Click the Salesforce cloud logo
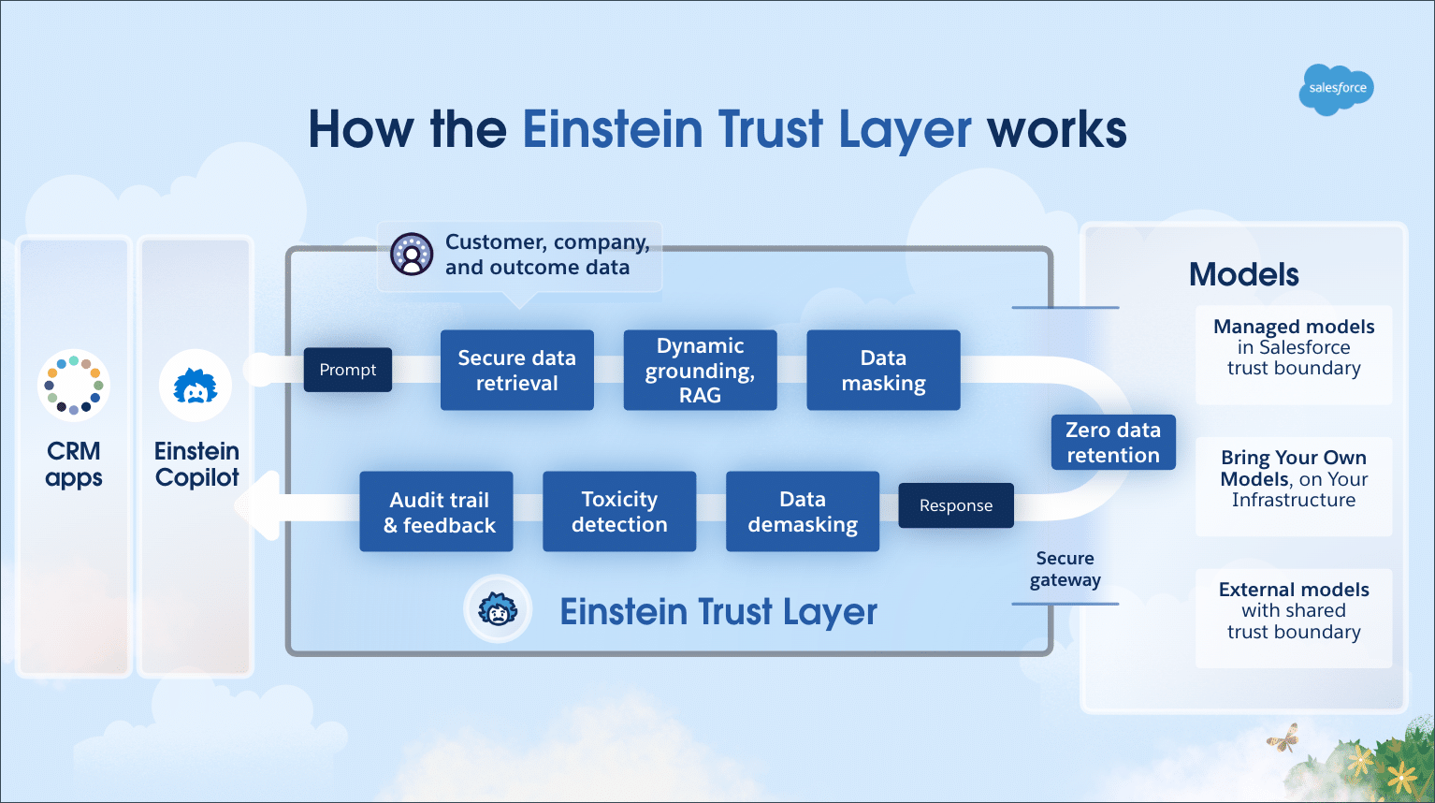pyautogui.click(x=1337, y=89)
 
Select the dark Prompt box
pyautogui.click(x=348, y=370)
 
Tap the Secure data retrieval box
pyautogui.click(x=517, y=370)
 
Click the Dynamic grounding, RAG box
pyautogui.click(x=701, y=370)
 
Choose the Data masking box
pyautogui.click(x=883, y=370)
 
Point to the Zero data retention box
pyautogui.click(x=1113, y=442)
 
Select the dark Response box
pyautogui.click(x=956, y=505)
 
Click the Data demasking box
pyautogui.click(x=803, y=511)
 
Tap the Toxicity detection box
pyautogui.click(x=619, y=511)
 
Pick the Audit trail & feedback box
pyautogui.click(x=436, y=511)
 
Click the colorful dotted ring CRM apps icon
pyautogui.click(x=74, y=386)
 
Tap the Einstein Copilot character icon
pyautogui.click(x=196, y=386)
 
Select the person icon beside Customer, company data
pyautogui.click(x=412, y=255)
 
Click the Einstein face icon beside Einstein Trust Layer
pyautogui.click(x=498, y=609)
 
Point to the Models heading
pyautogui.click(x=1243, y=274)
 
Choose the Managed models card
pyautogui.click(x=1294, y=355)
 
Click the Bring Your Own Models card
pyautogui.click(x=1294, y=487)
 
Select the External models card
pyautogui.click(x=1294, y=619)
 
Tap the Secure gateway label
pyautogui.click(x=1065, y=569)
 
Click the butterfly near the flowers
pyautogui.click(x=1283, y=737)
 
